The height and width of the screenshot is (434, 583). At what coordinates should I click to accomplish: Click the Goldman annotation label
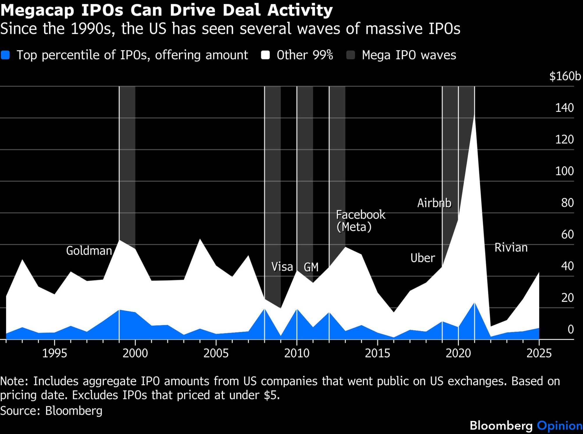(89, 251)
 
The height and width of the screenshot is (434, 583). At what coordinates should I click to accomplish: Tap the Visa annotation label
(282, 267)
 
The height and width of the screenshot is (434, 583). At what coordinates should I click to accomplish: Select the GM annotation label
(311, 267)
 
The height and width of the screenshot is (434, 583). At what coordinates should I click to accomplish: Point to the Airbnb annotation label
(434, 203)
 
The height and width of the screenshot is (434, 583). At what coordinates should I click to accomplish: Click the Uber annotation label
(422, 258)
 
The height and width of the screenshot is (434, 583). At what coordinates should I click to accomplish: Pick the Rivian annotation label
(511, 247)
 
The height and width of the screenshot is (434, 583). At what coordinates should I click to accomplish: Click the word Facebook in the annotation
(361, 215)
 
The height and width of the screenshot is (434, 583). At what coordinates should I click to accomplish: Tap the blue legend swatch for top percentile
(5, 55)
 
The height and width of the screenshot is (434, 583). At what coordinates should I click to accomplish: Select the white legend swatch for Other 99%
(265, 55)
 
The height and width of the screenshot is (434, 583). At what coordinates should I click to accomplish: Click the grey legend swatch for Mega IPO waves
(351, 55)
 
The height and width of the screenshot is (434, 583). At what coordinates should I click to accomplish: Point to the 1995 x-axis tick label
(55, 353)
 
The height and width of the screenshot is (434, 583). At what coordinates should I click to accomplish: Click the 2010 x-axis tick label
(297, 353)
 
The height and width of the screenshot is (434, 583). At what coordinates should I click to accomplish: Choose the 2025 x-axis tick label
(539, 353)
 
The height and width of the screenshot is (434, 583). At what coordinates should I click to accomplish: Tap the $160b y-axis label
(565, 76)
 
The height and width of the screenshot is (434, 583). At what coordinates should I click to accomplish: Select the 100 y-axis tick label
(564, 171)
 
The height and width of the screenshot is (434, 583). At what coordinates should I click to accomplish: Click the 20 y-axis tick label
(567, 298)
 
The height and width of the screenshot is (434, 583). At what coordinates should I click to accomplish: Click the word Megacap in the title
(38, 10)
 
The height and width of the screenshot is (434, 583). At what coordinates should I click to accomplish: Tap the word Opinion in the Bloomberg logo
(559, 426)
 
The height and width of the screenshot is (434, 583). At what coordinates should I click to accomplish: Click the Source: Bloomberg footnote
(51, 411)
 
